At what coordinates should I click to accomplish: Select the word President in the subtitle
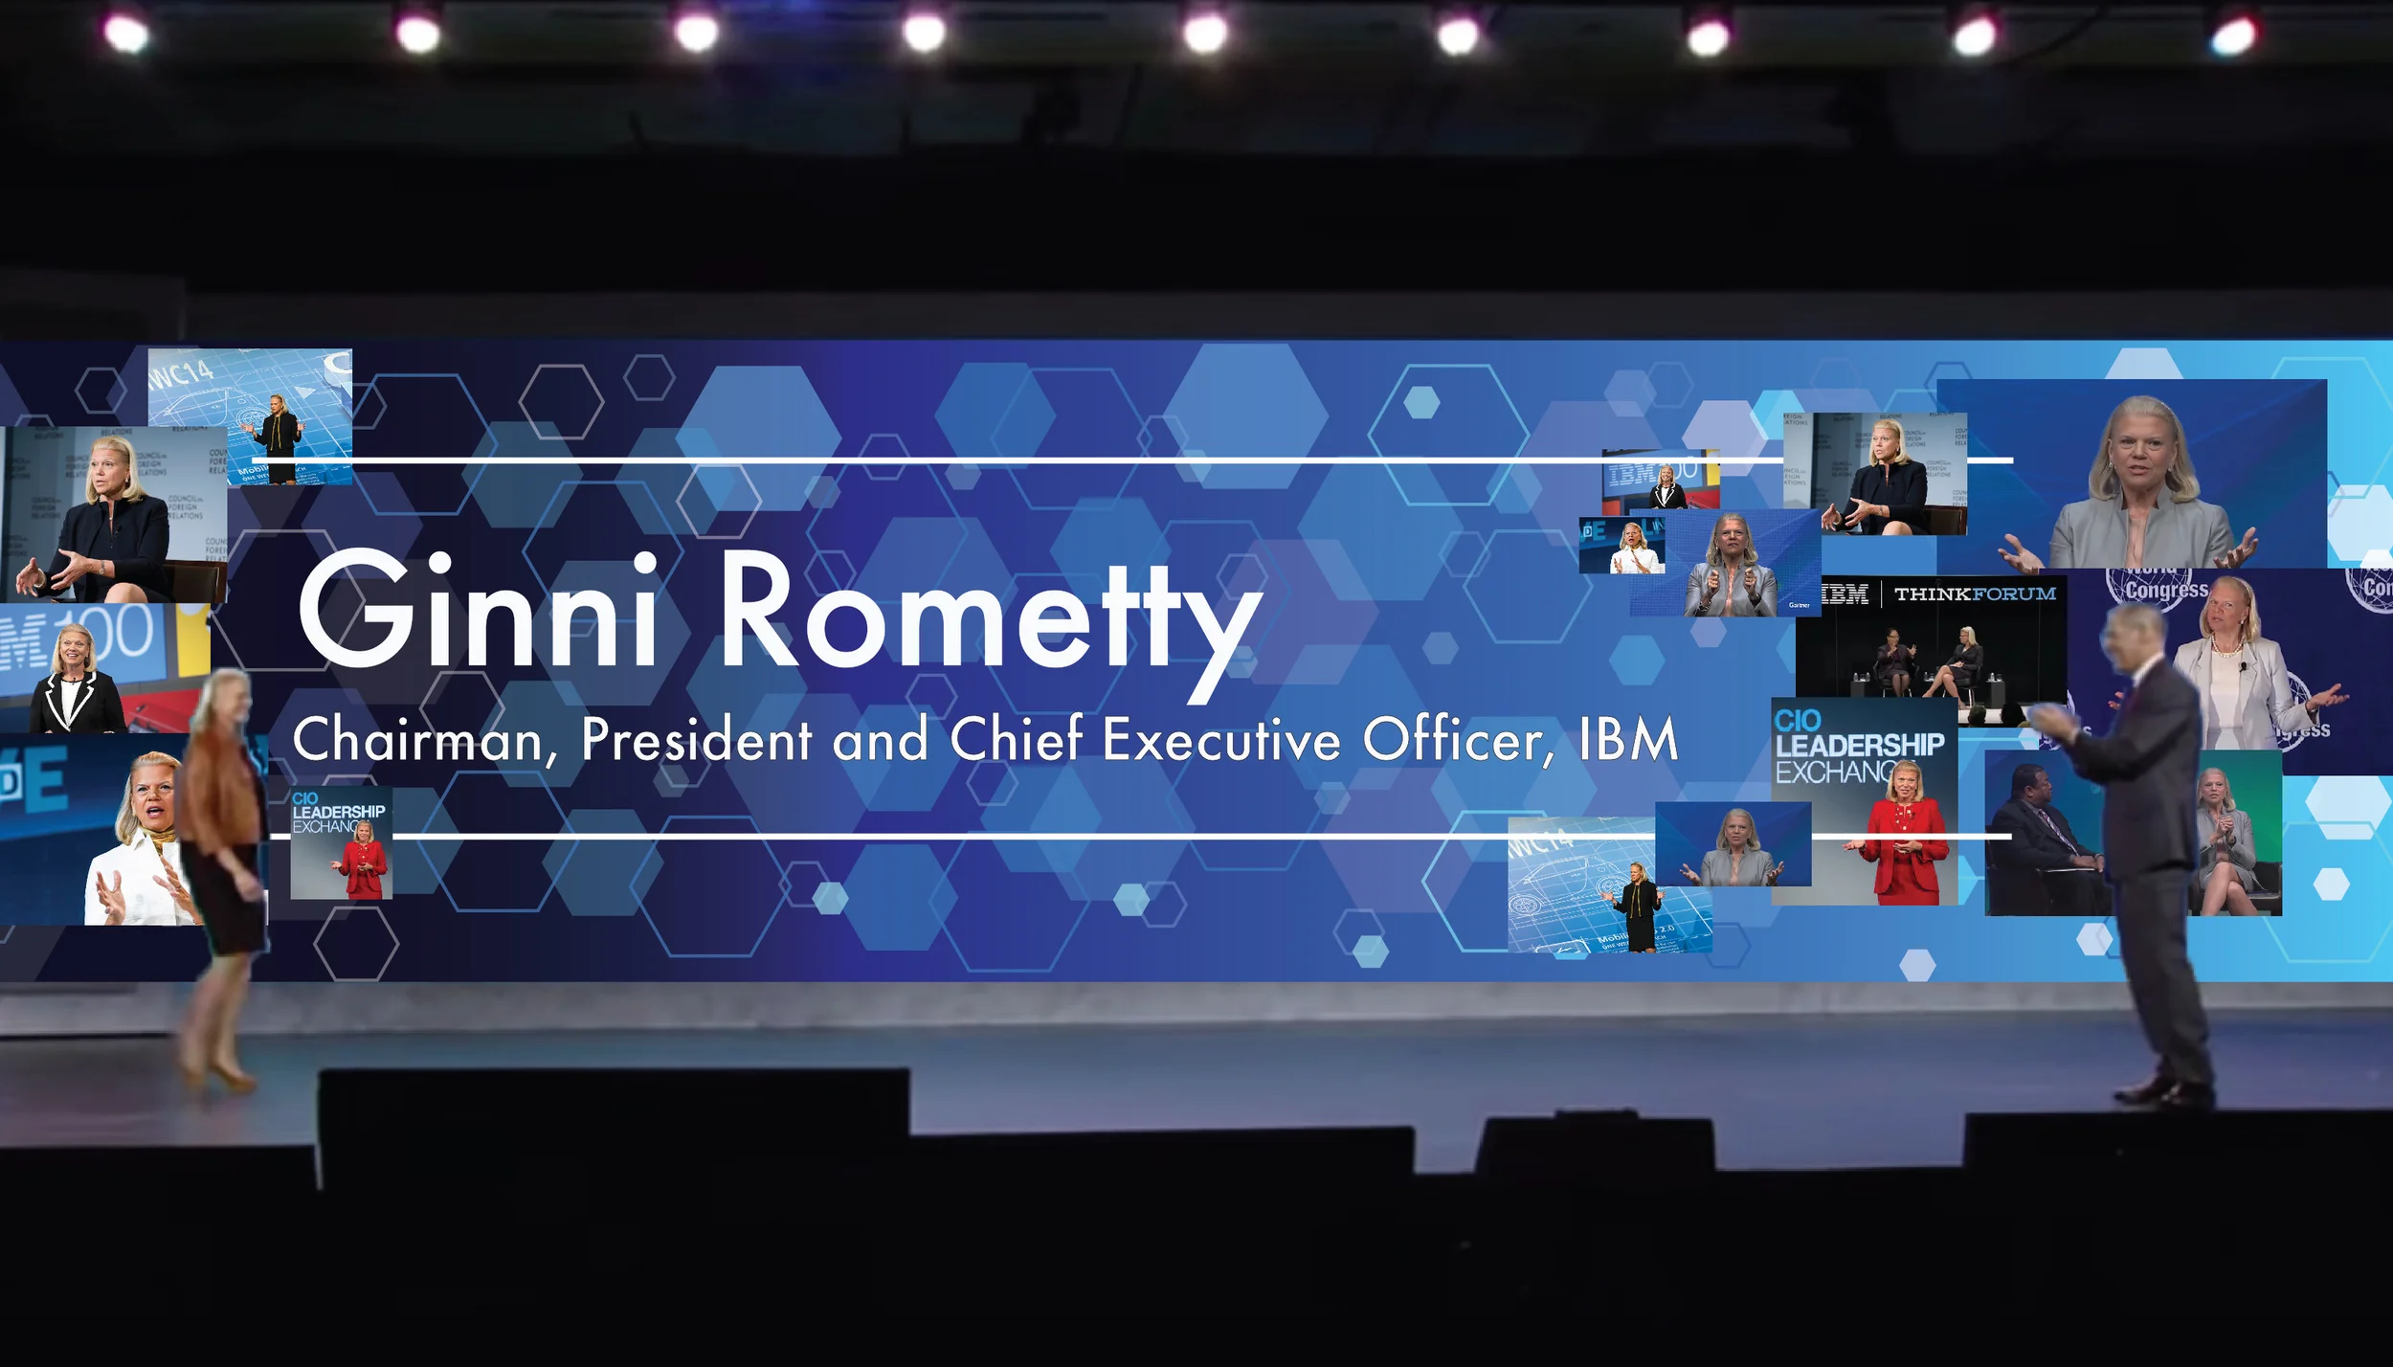tap(696, 741)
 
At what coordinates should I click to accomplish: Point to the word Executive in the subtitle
tap(1220, 741)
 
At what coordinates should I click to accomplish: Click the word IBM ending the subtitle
tap(1628, 741)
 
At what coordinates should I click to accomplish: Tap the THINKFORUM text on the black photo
tap(1974, 594)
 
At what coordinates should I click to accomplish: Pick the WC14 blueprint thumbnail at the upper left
tap(251, 415)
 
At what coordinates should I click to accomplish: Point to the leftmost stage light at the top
tap(126, 34)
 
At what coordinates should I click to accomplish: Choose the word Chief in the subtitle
tap(1017, 741)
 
